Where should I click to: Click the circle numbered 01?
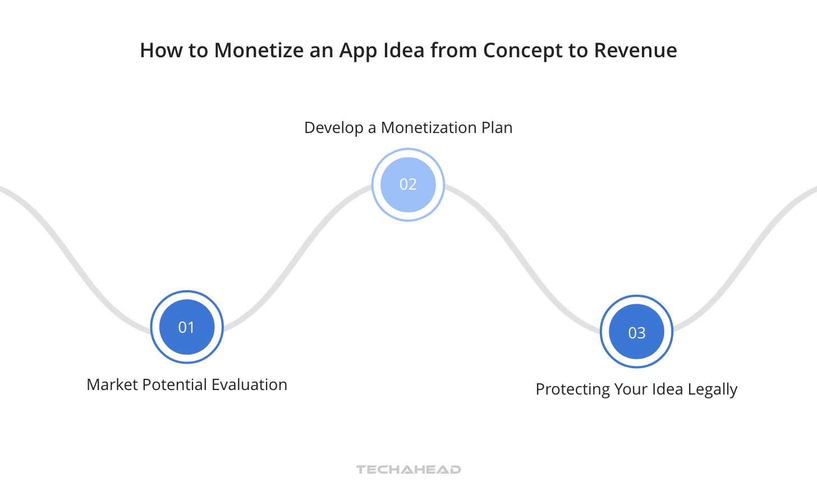(x=187, y=327)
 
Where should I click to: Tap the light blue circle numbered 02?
(x=408, y=185)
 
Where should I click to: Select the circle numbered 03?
(x=636, y=332)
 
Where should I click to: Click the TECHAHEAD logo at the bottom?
(x=408, y=469)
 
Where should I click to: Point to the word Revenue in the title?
(x=635, y=51)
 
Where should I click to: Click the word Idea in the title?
(x=403, y=51)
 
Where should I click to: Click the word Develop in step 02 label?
(x=333, y=128)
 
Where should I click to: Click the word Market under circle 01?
(x=112, y=385)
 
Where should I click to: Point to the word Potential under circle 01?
(x=173, y=385)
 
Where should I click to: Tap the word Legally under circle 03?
(x=713, y=389)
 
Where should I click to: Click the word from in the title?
(x=454, y=51)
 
